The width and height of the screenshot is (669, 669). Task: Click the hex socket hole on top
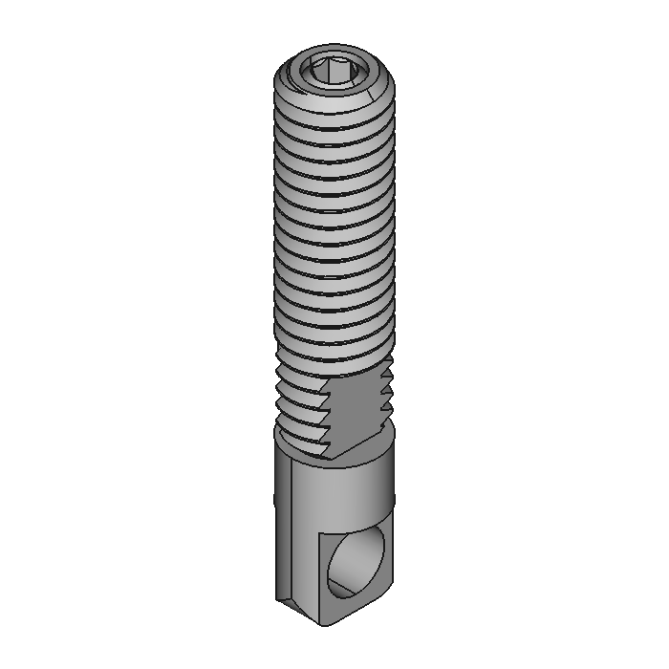pos(334,71)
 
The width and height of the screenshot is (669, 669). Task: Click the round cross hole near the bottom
pos(355,564)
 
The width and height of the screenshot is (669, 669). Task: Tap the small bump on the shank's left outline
pos(275,496)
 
